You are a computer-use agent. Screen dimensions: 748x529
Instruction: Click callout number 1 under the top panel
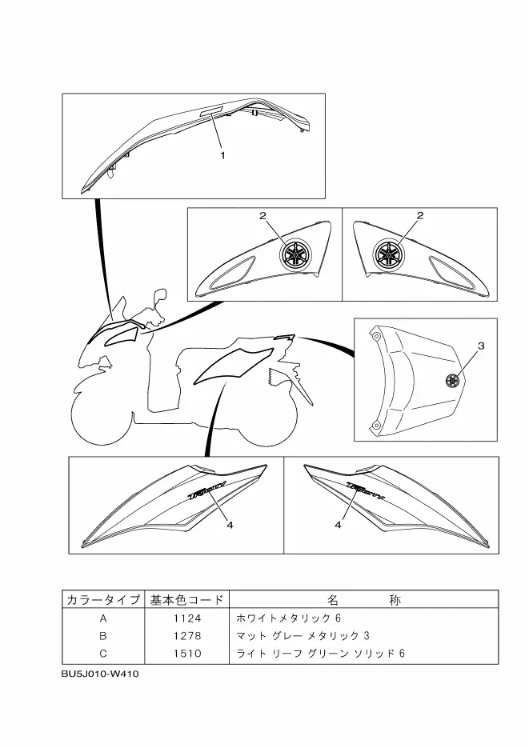point(222,156)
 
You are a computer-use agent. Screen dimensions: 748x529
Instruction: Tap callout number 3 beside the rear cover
point(481,346)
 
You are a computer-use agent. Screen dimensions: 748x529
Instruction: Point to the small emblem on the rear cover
point(452,381)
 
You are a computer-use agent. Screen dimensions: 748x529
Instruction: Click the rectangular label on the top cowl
point(214,114)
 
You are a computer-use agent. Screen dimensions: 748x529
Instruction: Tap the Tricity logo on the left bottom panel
point(207,490)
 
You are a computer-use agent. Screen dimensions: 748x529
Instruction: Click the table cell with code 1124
point(187,618)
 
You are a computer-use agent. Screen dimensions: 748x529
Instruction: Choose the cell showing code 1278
point(187,636)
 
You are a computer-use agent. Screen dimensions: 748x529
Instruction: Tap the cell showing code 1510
point(187,654)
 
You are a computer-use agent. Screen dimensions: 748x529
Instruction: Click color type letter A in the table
point(102,618)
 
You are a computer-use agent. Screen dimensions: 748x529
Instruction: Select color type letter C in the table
point(102,654)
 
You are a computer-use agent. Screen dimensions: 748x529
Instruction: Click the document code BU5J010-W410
point(100,674)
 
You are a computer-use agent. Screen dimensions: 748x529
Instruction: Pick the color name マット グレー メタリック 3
point(303,636)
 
